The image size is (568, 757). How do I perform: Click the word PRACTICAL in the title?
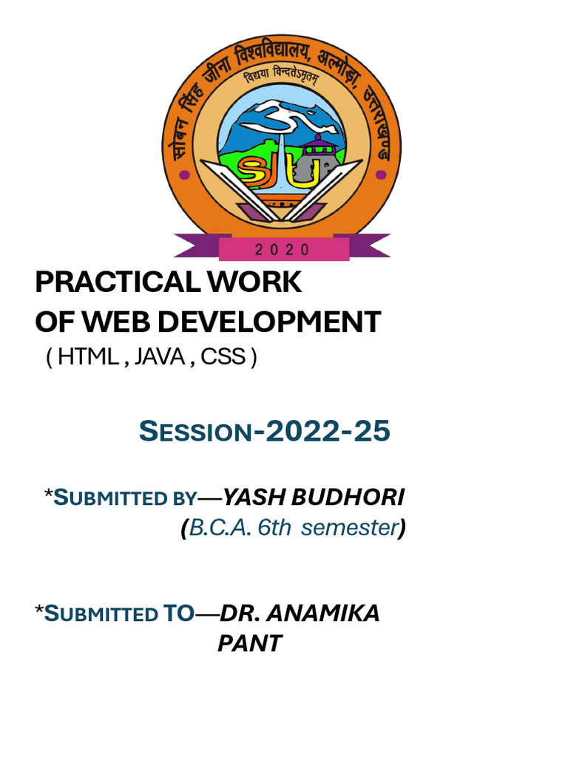click(x=118, y=282)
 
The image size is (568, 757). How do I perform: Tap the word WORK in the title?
click(x=254, y=282)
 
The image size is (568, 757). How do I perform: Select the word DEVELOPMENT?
click(x=269, y=322)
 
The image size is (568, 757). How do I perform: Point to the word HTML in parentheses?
click(x=88, y=357)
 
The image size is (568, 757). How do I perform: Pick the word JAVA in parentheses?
click(x=160, y=357)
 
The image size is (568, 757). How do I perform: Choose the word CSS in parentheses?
click(x=223, y=357)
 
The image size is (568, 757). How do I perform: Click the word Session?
click(x=195, y=431)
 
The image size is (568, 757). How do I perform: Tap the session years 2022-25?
click(x=328, y=431)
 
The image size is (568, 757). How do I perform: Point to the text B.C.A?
click(x=220, y=528)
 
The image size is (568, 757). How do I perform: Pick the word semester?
click(x=350, y=528)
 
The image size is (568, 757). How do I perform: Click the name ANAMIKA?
click(x=322, y=613)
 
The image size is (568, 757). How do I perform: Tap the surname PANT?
click(x=250, y=644)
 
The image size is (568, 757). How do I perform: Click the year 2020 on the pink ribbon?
click(x=282, y=250)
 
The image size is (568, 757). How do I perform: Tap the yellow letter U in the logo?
click(x=304, y=174)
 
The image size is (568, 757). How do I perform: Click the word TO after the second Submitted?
click(x=178, y=613)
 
